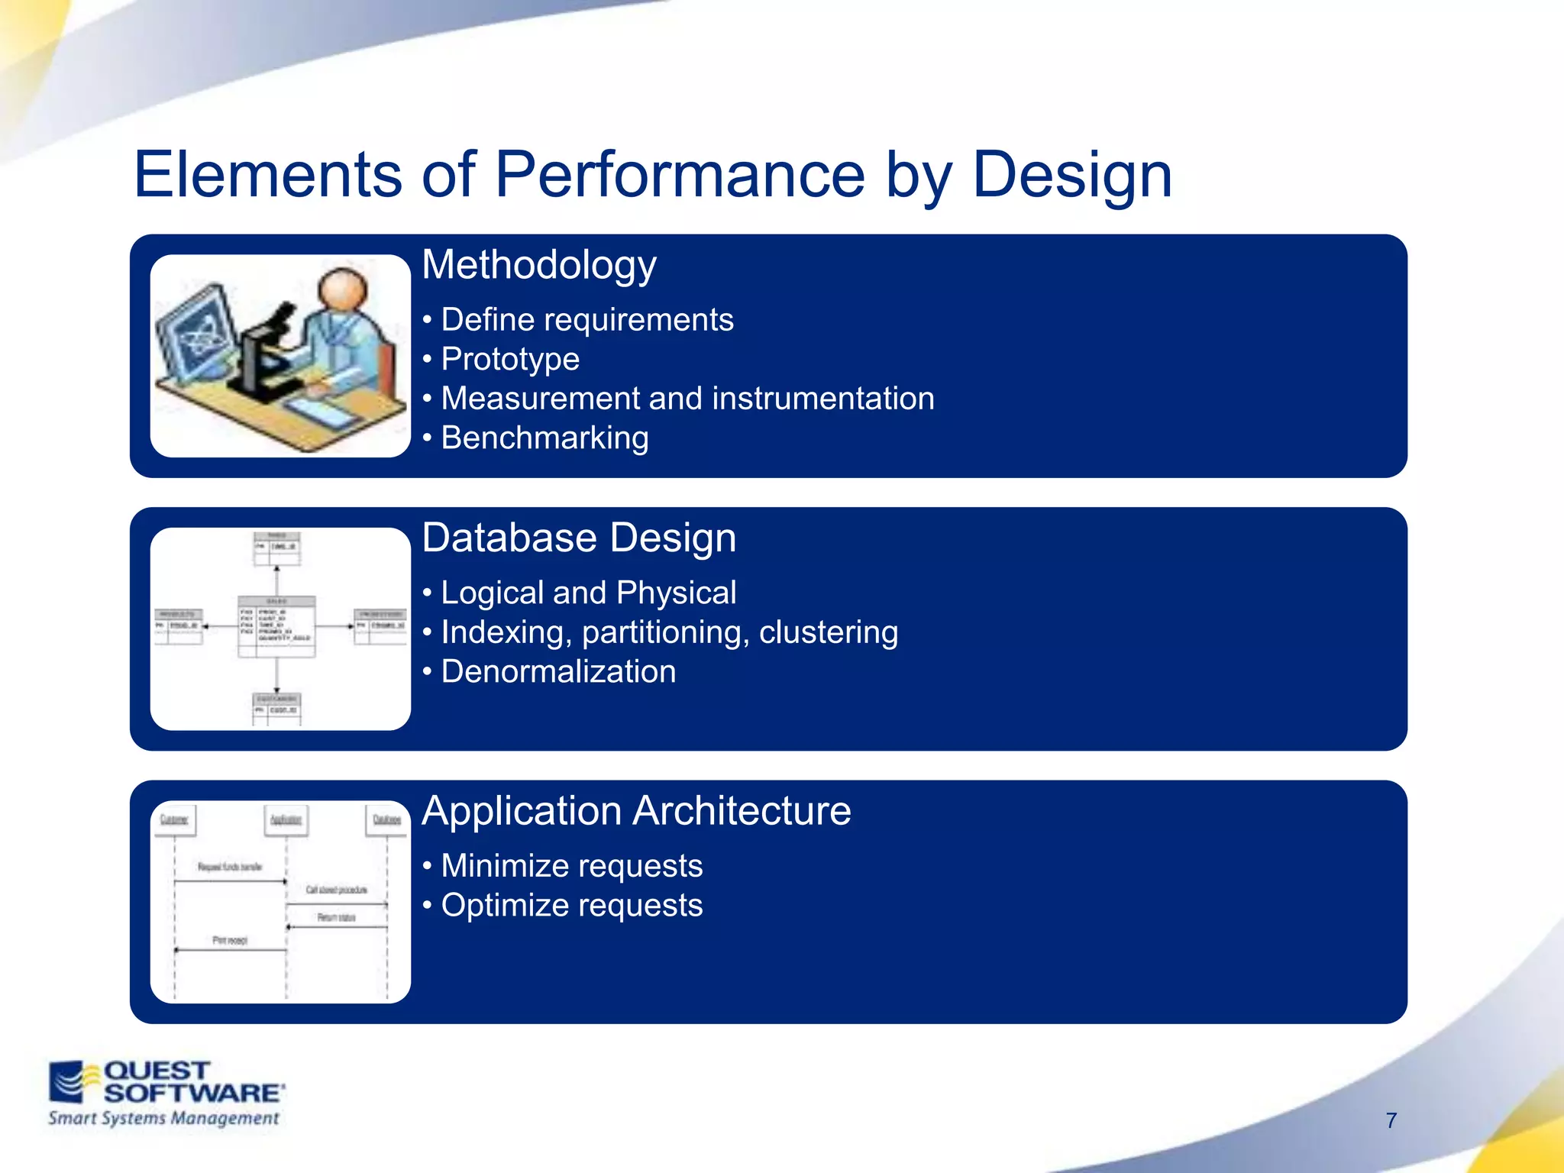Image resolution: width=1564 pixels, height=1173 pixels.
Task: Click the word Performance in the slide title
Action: pos(680,175)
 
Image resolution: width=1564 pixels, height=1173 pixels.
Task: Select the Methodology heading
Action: pos(538,265)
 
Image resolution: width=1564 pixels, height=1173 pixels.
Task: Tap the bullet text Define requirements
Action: pos(586,320)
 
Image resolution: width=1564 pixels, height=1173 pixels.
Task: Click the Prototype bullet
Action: pos(510,360)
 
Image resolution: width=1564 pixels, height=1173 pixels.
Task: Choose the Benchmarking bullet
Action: pos(544,438)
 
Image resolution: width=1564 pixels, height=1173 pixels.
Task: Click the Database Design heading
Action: pos(579,538)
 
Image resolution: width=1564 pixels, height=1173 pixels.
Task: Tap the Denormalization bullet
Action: pos(558,672)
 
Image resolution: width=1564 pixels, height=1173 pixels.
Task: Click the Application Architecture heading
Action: pos(636,811)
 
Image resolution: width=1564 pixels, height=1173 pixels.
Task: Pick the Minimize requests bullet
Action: pos(571,866)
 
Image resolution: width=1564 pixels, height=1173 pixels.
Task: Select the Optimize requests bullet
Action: pos(571,906)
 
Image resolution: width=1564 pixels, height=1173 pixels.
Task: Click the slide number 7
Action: pos(1391,1120)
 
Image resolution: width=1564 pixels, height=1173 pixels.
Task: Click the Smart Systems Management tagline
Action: pos(163,1119)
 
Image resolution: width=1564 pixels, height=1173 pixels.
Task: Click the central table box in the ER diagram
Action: pos(276,626)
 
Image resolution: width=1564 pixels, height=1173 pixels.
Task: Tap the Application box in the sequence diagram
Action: pos(286,819)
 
